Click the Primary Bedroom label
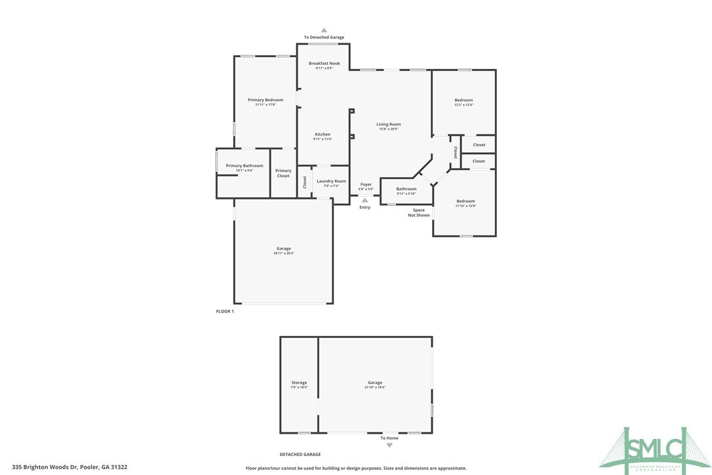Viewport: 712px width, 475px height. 266,100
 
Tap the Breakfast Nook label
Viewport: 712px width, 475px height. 324,63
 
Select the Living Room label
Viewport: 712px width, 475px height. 388,124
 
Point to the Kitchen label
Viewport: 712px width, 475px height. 323,134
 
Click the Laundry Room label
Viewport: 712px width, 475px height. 331,181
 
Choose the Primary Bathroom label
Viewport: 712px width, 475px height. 244,166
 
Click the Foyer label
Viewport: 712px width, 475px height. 366,184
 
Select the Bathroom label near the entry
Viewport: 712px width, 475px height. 406,189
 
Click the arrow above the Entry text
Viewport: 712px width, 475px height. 365,200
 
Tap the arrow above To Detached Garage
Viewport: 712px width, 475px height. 324,30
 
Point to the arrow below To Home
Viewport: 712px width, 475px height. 389,445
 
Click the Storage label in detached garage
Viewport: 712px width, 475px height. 299,382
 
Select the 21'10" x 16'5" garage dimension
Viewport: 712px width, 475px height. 375,388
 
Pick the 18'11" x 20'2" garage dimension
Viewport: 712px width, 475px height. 284,253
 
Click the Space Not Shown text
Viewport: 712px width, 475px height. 419,213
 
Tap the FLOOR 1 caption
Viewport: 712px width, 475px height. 225,312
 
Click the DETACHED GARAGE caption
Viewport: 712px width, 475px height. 300,454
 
